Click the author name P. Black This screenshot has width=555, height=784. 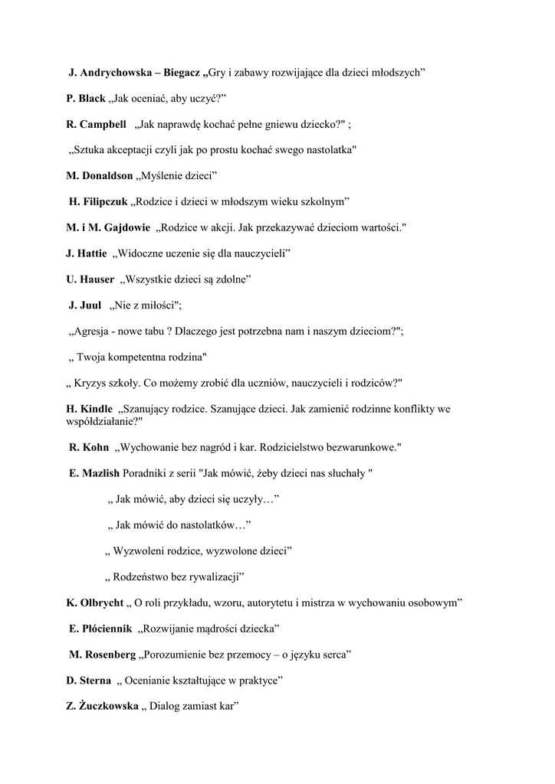[x=86, y=99]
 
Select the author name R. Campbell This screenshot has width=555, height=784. [x=96, y=124]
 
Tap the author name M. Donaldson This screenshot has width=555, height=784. [x=100, y=176]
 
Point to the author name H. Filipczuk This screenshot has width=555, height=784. [x=98, y=201]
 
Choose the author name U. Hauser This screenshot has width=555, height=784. [x=90, y=279]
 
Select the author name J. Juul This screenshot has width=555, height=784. [x=85, y=305]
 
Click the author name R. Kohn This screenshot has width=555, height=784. [x=89, y=447]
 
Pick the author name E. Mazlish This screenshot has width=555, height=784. [x=94, y=473]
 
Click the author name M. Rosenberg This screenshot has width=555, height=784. [x=103, y=655]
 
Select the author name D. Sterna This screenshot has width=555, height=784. [x=89, y=680]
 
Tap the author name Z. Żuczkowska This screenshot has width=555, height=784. [x=103, y=706]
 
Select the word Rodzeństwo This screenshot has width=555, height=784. [x=145, y=577]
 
